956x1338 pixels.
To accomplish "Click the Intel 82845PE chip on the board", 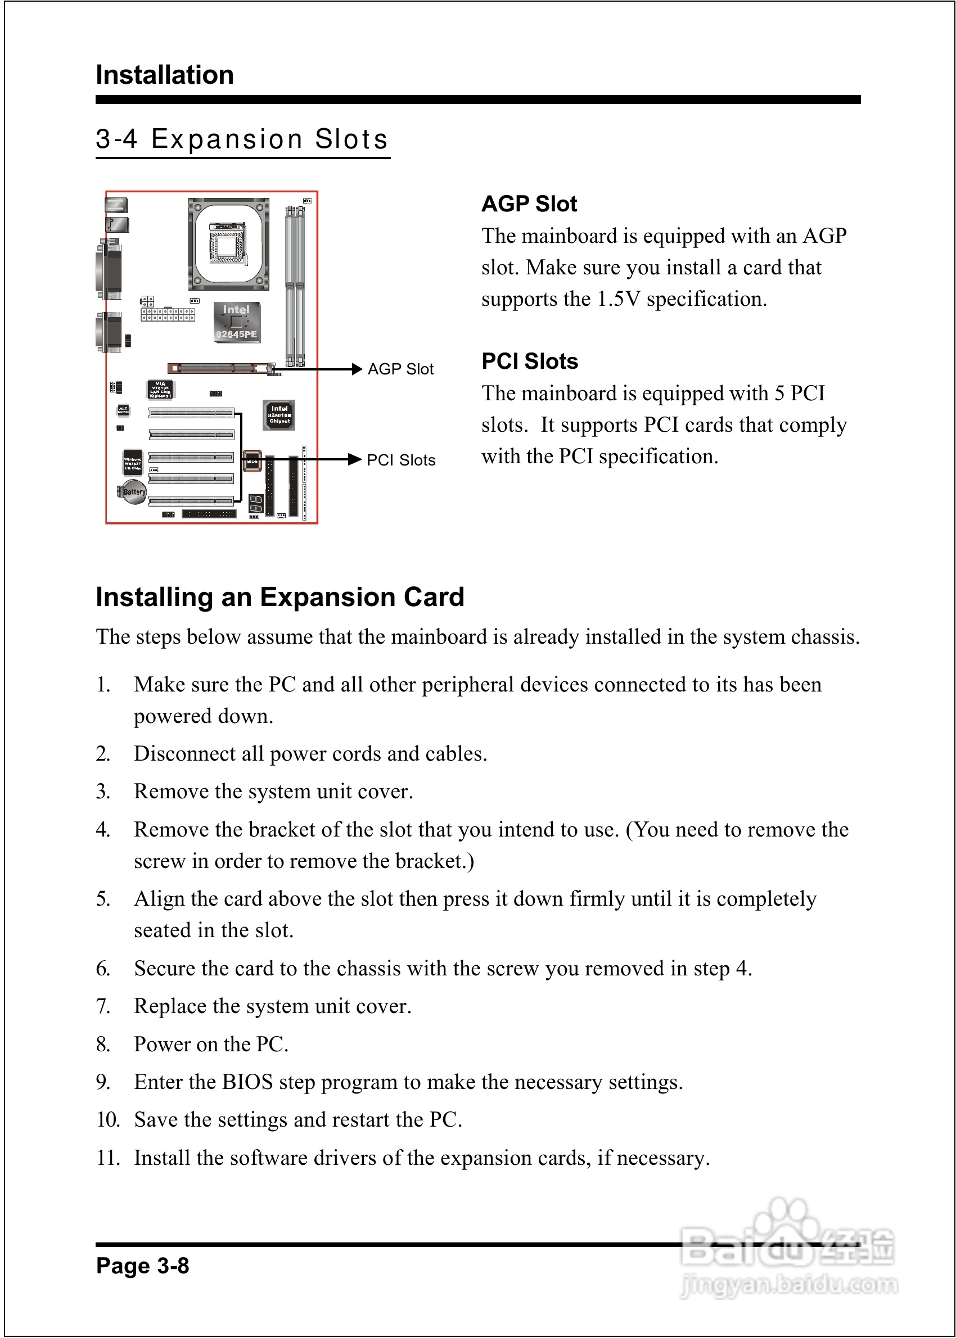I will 236,322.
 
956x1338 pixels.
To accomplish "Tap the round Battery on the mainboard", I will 133,492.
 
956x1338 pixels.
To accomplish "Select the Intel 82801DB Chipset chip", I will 279,415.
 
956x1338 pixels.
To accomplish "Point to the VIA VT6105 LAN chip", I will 160,390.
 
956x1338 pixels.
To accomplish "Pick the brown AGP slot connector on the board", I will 220,368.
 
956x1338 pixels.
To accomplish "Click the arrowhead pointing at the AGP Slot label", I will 356,369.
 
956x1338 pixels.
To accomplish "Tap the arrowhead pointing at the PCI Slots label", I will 354,459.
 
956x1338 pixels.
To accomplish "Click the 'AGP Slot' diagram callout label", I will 400,369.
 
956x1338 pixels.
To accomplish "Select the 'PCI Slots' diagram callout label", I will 401,460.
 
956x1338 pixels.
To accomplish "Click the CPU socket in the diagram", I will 228,243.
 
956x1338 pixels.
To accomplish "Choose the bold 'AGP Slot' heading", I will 529,204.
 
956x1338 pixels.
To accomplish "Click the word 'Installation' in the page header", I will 165,75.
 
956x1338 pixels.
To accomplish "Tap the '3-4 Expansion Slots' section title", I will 242,139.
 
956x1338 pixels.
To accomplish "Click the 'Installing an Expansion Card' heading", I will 279,596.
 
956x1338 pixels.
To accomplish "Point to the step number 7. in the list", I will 103,1006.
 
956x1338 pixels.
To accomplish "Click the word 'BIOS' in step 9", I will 247,1082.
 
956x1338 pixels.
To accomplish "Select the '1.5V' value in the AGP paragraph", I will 618,299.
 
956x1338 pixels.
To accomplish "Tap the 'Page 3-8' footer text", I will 142,1265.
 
